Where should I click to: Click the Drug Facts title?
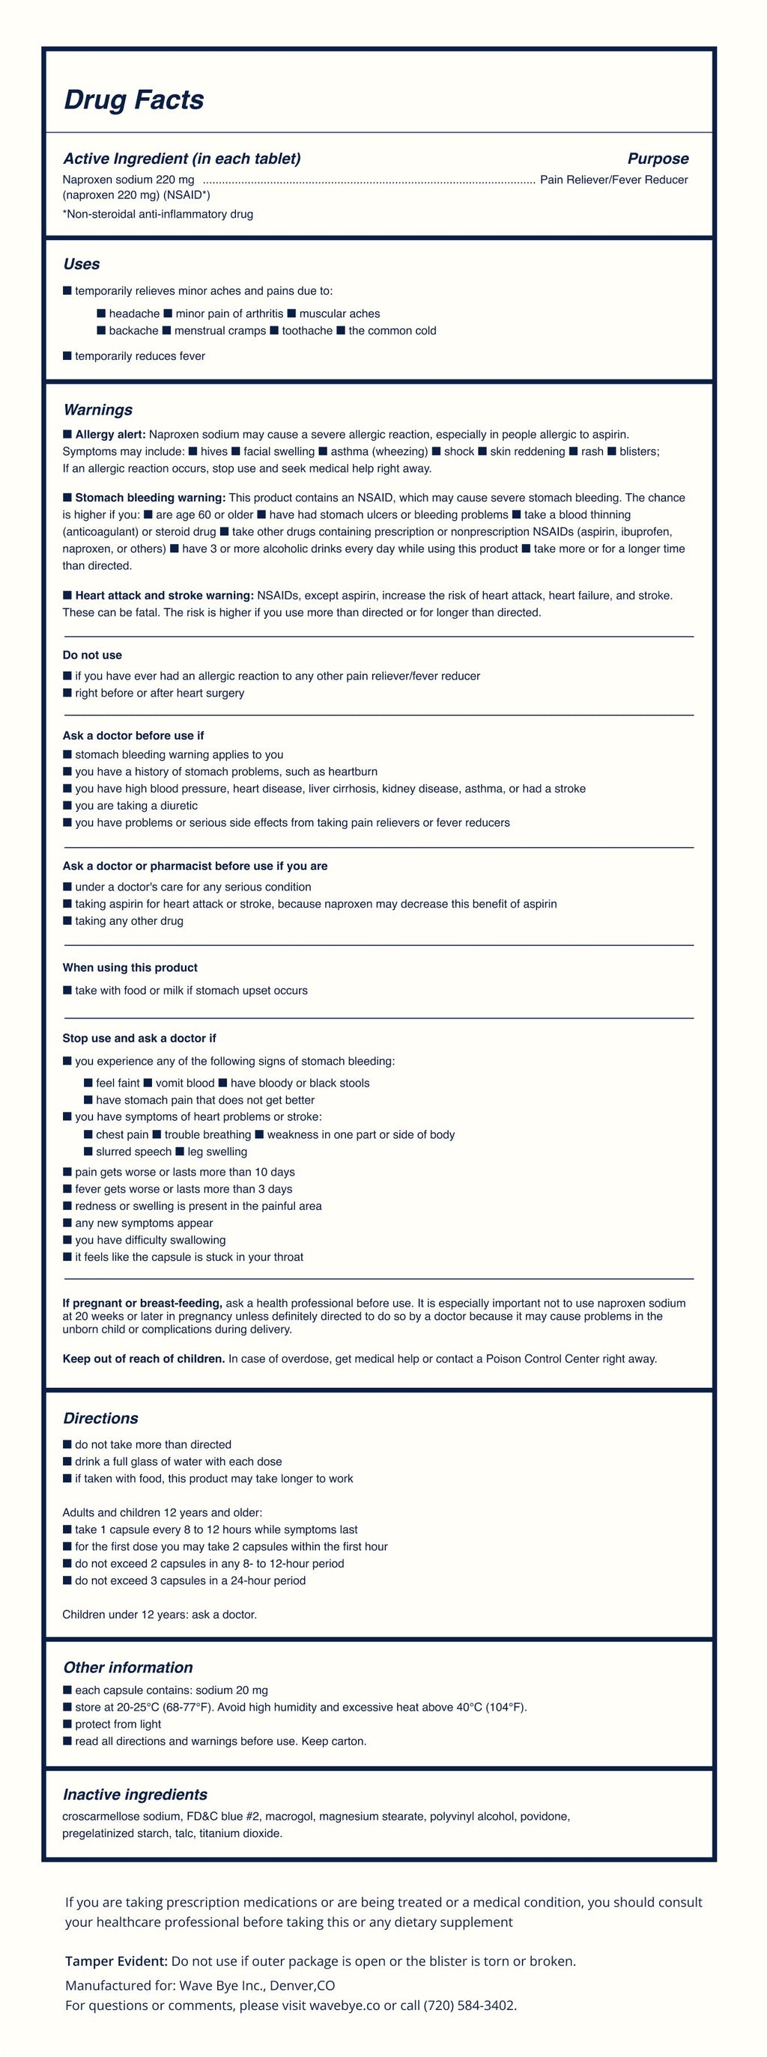pyautogui.click(x=133, y=100)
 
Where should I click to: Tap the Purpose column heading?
pyautogui.click(x=658, y=159)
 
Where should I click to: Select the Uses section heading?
pyautogui.click(x=82, y=264)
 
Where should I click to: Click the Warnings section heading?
pyautogui.click(x=97, y=409)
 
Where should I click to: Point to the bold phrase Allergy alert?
pyautogui.click(x=109, y=435)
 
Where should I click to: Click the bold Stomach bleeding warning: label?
pyautogui.click(x=149, y=498)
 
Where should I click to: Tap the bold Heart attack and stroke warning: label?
pyautogui.click(x=164, y=595)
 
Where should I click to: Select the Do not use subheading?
pyautogui.click(x=92, y=655)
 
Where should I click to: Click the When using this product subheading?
pyautogui.click(x=130, y=967)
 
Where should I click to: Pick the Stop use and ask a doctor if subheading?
pyautogui.click(x=139, y=1038)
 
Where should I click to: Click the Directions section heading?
pyautogui.click(x=100, y=1418)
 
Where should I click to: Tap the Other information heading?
pyautogui.click(x=128, y=1667)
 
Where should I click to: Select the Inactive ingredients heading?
pyautogui.click(x=135, y=1794)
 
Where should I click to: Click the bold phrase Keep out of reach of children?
pyautogui.click(x=144, y=1358)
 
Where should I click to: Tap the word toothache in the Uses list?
pyautogui.click(x=307, y=331)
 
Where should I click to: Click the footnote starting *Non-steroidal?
pyautogui.click(x=157, y=214)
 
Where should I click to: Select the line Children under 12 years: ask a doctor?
pyautogui.click(x=160, y=1614)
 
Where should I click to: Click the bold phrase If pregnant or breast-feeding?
pyautogui.click(x=142, y=1303)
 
